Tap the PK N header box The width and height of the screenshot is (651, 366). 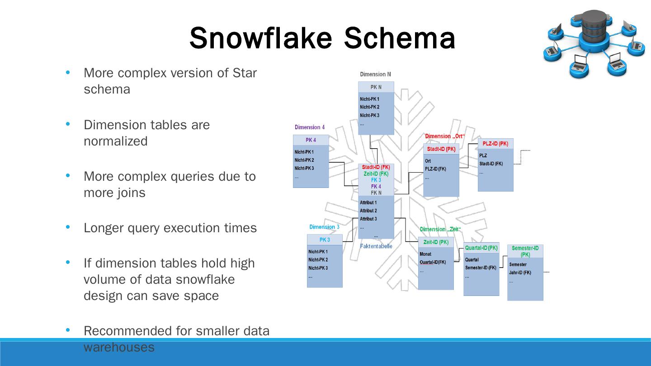(x=376, y=87)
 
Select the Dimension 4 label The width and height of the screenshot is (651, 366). (x=310, y=127)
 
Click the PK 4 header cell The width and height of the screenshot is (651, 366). (x=311, y=140)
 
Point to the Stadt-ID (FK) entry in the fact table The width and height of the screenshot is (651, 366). (x=376, y=167)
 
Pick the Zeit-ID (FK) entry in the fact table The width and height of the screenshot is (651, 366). (x=376, y=174)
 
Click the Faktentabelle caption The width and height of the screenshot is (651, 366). (x=376, y=246)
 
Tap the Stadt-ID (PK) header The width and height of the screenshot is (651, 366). (x=441, y=149)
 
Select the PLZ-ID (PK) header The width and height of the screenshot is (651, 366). (x=495, y=144)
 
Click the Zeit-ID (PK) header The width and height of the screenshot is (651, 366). (x=436, y=242)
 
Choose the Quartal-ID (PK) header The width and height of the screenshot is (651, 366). (x=481, y=248)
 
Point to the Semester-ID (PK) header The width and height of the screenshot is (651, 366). (x=525, y=251)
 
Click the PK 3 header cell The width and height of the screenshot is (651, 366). (x=325, y=240)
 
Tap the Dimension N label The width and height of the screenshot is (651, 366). (x=375, y=74)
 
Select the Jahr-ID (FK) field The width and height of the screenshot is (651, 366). (x=520, y=272)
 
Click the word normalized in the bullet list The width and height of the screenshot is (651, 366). (x=116, y=141)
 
